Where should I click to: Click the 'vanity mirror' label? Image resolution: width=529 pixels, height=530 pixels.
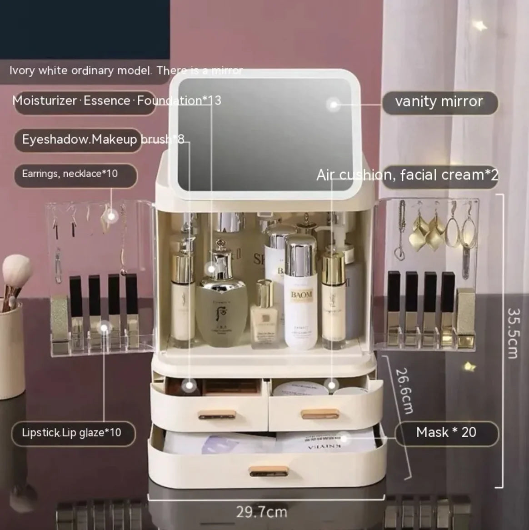tap(439, 101)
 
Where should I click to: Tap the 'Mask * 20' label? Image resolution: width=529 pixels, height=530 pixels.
tap(446, 432)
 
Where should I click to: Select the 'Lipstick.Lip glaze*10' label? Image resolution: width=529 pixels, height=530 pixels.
tap(72, 432)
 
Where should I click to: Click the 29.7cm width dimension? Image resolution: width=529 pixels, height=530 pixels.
tap(262, 512)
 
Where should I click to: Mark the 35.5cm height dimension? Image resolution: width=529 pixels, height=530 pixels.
tap(513, 333)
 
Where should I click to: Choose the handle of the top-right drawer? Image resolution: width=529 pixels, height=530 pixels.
tap(320, 413)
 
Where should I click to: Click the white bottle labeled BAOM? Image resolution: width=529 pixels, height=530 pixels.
tap(301, 300)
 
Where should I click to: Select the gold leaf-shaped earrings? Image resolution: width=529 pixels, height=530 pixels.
tap(426, 232)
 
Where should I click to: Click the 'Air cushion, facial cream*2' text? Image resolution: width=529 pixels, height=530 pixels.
tap(407, 175)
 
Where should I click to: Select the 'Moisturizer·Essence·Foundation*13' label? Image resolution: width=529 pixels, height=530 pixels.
tap(117, 100)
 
